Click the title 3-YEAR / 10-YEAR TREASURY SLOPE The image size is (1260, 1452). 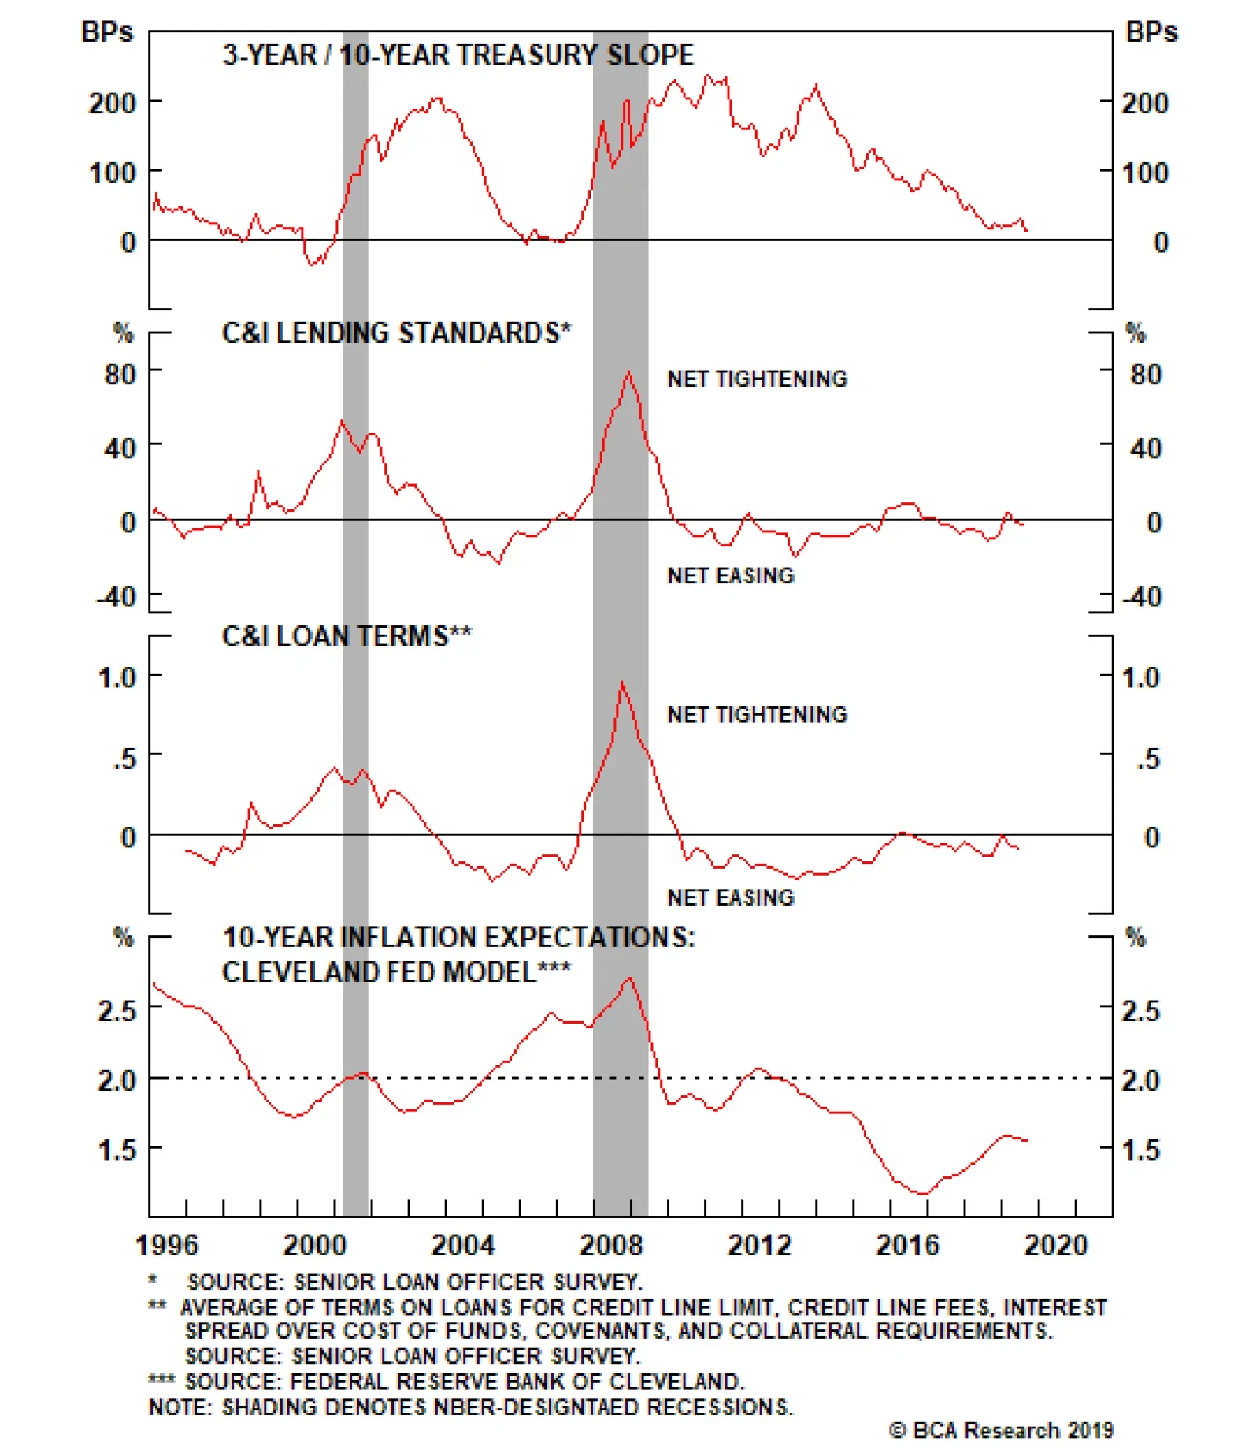pos(458,55)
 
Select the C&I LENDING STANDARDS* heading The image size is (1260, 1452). pos(396,333)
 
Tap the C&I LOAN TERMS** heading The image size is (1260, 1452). pos(346,635)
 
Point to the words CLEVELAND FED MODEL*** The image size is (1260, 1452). pos(396,972)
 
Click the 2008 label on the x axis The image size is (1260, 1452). pos(611,1245)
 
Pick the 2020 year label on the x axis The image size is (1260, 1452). pos(1055,1245)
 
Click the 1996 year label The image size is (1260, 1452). pos(167,1245)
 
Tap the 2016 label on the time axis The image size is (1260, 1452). pos(907,1245)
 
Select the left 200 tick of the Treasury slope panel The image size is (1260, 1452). pos(112,103)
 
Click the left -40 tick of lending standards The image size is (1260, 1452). pos(117,597)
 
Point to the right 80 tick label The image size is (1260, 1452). pos(1146,374)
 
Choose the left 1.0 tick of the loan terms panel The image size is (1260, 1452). pos(117,677)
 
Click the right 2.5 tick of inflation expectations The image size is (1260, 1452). pos(1140,1010)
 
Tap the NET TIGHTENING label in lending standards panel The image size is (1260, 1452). pos(757,379)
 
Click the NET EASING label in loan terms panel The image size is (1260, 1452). pos(731,897)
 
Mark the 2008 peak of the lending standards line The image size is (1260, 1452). pos(628,372)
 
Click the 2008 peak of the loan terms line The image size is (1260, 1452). pos(622,683)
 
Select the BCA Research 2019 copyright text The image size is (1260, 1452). pos(1001,1429)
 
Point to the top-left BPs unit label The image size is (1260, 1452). pos(107,32)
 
